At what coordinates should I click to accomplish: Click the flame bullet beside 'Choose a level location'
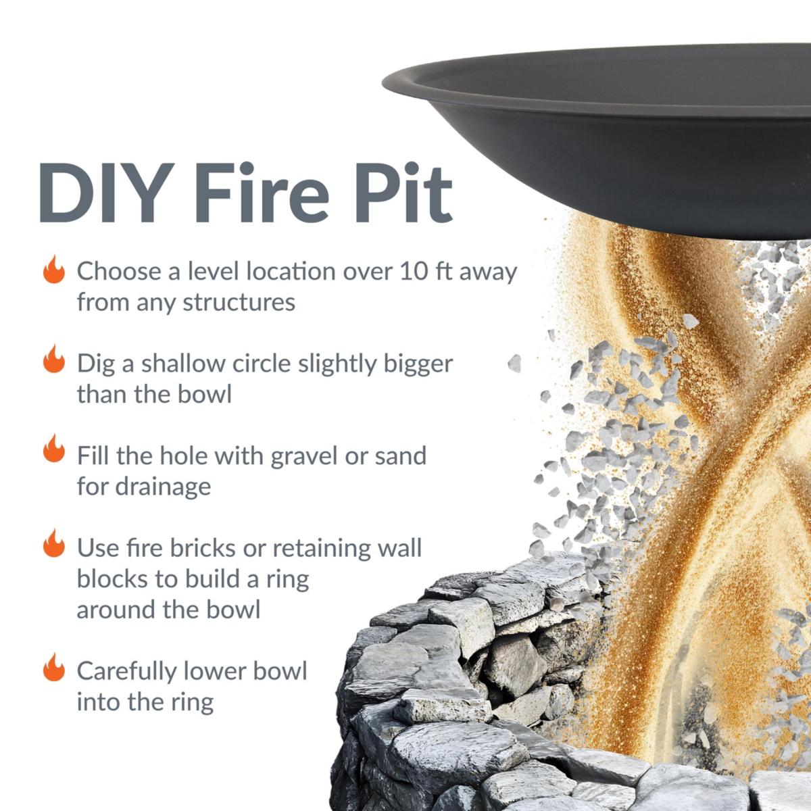pos(54,270)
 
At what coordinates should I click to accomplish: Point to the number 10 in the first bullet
pos(414,271)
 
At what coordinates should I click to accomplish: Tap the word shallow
pos(183,364)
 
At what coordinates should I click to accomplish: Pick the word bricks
pos(203,547)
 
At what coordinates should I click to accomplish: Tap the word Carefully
pos(126,672)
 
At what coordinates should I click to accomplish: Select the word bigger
pos(418,364)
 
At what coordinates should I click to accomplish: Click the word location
pos(291,271)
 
